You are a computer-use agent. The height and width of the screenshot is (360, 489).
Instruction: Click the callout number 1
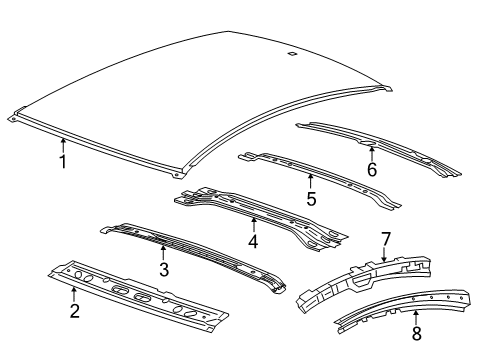point(62,161)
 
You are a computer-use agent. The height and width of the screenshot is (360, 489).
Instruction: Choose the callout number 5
point(310,199)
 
